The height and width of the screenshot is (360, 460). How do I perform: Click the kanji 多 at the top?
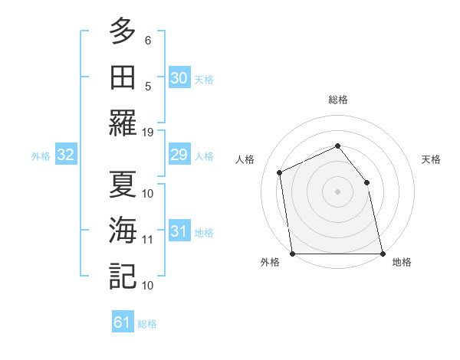coord(122,32)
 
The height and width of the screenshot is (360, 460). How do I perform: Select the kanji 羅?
coord(122,123)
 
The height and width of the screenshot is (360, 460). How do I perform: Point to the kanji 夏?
coord(122,184)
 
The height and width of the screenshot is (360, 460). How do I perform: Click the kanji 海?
coord(122,231)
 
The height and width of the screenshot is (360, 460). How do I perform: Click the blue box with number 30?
coord(179,77)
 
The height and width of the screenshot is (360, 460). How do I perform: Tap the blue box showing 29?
coord(179,155)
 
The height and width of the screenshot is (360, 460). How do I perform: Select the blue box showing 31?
coord(179,232)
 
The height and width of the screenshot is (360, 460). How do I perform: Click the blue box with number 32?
coord(66,155)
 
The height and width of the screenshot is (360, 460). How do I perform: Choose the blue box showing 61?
coord(123,322)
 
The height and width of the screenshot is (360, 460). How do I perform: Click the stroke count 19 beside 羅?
coord(148,132)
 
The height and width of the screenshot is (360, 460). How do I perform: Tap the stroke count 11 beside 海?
coord(148,239)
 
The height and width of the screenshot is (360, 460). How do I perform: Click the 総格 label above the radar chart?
coord(337,100)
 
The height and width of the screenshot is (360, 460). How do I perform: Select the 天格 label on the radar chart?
coord(432,159)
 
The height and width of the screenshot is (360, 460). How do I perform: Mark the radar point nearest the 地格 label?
coord(383,254)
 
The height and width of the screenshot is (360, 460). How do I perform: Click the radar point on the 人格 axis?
coord(280,172)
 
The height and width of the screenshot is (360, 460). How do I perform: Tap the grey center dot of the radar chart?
coord(337,191)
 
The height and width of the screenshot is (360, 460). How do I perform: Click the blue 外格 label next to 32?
coord(41,156)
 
